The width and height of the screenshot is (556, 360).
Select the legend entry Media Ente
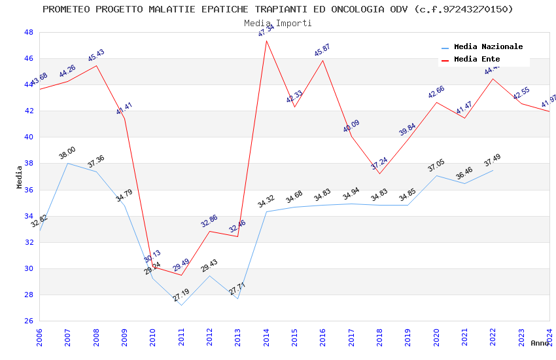tap(477, 60)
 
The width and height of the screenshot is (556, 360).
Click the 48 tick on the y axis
tap(29, 32)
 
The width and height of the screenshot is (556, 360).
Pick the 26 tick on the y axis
tap(29, 321)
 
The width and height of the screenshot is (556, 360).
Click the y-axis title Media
tap(20, 177)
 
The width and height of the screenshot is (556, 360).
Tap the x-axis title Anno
tap(540, 343)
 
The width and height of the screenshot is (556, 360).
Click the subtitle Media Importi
tap(278, 23)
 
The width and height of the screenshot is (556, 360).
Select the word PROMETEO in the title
tap(66, 9)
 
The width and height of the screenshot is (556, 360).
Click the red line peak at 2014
tap(266, 41)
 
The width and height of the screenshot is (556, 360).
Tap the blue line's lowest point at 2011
tap(181, 305)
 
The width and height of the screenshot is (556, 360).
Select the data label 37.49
tap(492, 160)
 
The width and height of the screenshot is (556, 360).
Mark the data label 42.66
tap(436, 92)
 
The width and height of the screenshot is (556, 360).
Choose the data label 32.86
tap(209, 221)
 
